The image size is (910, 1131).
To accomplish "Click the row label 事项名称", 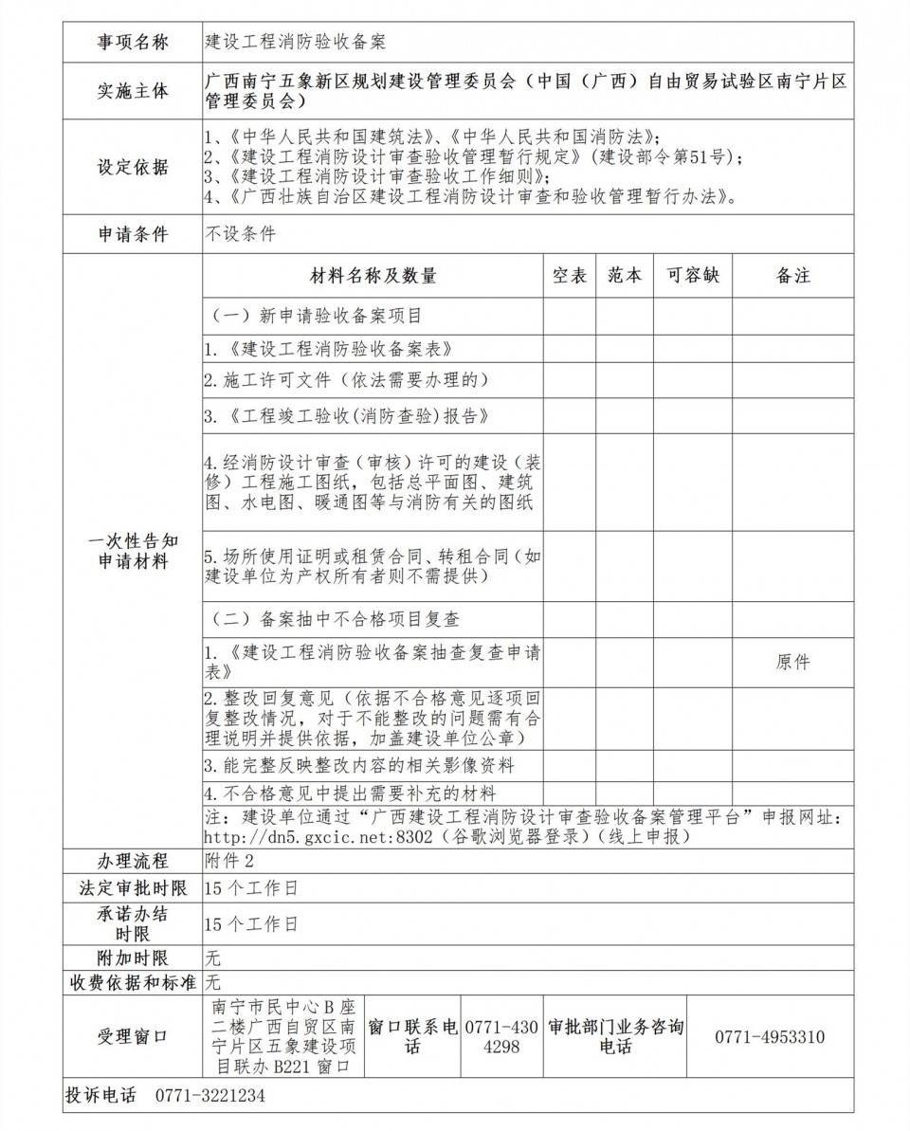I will pyautogui.click(x=133, y=43).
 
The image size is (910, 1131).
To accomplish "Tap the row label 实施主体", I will pyautogui.click(x=133, y=91).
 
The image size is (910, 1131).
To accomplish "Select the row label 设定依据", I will pyautogui.click(x=133, y=167).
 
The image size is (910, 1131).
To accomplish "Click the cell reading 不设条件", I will pyautogui.click(x=241, y=234).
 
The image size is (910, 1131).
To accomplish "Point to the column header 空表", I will pyautogui.click(x=570, y=276).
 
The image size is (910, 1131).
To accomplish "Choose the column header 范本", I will pyautogui.click(x=625, y=276).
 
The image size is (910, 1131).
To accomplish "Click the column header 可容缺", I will pyautogui.click(x=692, y=276).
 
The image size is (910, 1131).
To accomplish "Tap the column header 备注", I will pyautogui.click(x=792, y=276).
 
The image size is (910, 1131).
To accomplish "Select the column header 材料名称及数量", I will pyautogui.click(x=373, y=276).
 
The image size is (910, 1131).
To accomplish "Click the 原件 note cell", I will pyautogui.click(x=792, y=662).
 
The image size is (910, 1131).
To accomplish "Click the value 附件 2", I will pyautogui.click(x=229, y=861).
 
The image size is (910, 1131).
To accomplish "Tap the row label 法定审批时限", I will pyautogui.click(x=133, y=888).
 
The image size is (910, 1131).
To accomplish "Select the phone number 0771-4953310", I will pyautogui.click(x=769, y=1036).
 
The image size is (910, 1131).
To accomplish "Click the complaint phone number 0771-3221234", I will pyautogui.click(x=209, y=1096).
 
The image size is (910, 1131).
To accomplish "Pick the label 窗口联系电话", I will pyautogui.click(x=412, y=1036).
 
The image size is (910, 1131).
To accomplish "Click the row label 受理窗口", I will pyautogui.click(x=133, y=1036).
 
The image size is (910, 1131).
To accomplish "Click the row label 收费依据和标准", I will pyautogui.click(x=133, y=982).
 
